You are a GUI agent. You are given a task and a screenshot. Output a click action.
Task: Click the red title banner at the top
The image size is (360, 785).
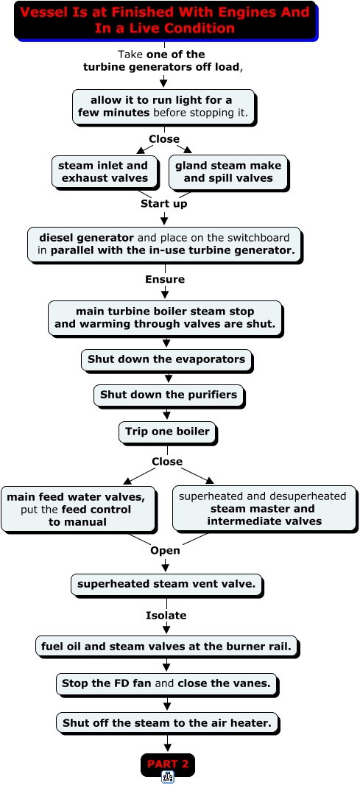pyautogui.click(x=166, y=21)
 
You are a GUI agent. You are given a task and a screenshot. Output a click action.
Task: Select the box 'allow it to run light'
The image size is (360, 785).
pyautogui.click(x=163, y=107)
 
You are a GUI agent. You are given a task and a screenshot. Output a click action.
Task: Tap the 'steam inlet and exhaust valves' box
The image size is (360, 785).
pyautogui.click(x=103, y=172)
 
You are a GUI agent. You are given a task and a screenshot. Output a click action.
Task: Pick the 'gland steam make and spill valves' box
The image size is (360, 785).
pyautogui.click(x=228, y=172)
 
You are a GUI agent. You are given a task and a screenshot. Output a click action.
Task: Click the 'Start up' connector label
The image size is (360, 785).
pyautogui.click(x=163, y=204)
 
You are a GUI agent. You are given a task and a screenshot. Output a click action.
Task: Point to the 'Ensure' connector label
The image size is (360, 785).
pyautogui.click(x=165, y=279)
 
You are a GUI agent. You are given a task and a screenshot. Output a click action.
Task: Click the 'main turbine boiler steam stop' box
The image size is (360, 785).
pyautogui.click(x=165, y=318)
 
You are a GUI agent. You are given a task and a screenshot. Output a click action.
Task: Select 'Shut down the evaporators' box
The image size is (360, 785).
pyautogui.click(x=166, y=360)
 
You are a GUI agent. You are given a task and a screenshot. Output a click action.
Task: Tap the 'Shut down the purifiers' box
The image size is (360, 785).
pyautogui.click(x=169, y=395)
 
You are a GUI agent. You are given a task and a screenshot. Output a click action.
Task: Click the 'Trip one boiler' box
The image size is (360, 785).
pyautogui.click(x=168, y=432)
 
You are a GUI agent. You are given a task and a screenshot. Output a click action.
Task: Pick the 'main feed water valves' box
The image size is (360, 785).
pyautogui.click(x=79, y=509)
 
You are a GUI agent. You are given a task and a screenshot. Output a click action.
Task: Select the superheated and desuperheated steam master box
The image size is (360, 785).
pyautogui.click(x=265, y=509)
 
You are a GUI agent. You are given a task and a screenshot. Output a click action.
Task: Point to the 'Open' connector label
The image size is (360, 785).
pyautogui.click(x=165, y=551)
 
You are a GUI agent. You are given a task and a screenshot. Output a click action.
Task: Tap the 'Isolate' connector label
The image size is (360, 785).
pyautogui.click(x=166, y=616)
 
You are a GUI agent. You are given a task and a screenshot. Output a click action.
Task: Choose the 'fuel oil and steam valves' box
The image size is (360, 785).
pyautogui.click(x=166, y=647)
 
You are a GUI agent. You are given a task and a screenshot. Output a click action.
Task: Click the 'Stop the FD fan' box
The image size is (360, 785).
pyautogui.click(x=166, y=684)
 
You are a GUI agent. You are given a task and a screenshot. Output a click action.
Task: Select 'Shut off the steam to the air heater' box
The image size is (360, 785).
pyautogui.click(x=168, y=724)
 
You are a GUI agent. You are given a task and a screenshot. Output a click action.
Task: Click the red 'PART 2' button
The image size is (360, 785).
pyautogui.click(x=168, y=764)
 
